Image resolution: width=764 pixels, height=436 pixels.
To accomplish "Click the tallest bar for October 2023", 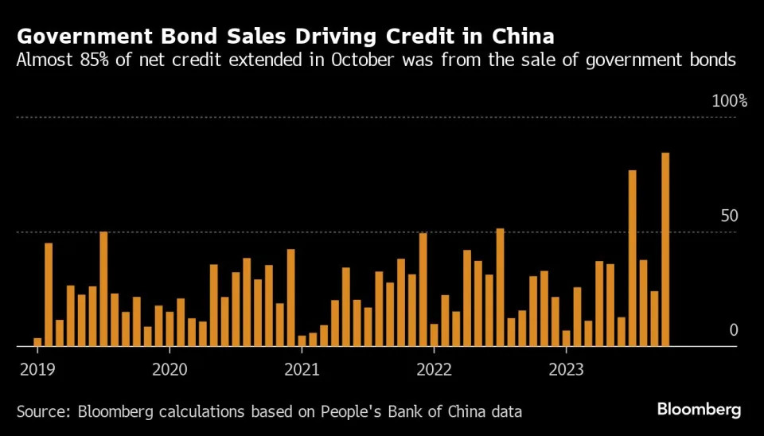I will click(665, 250).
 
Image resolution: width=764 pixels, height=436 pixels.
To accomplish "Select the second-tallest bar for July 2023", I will click(632, 259).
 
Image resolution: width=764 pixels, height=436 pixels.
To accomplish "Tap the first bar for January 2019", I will click(37, 342).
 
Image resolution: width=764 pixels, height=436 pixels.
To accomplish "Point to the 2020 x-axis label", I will click(169, 369).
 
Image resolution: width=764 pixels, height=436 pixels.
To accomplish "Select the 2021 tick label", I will click(302, 369).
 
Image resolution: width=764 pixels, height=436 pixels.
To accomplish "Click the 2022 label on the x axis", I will click(434, 369).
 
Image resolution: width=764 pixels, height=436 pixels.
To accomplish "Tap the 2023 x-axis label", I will click(566, 369).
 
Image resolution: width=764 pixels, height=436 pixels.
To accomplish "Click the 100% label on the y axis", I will click(730, 101).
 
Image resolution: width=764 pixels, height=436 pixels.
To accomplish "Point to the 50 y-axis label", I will click(730, 216).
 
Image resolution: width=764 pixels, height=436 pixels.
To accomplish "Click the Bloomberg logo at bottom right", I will click(699, 410).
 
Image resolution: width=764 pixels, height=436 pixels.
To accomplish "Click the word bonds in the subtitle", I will click(712, 60).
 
